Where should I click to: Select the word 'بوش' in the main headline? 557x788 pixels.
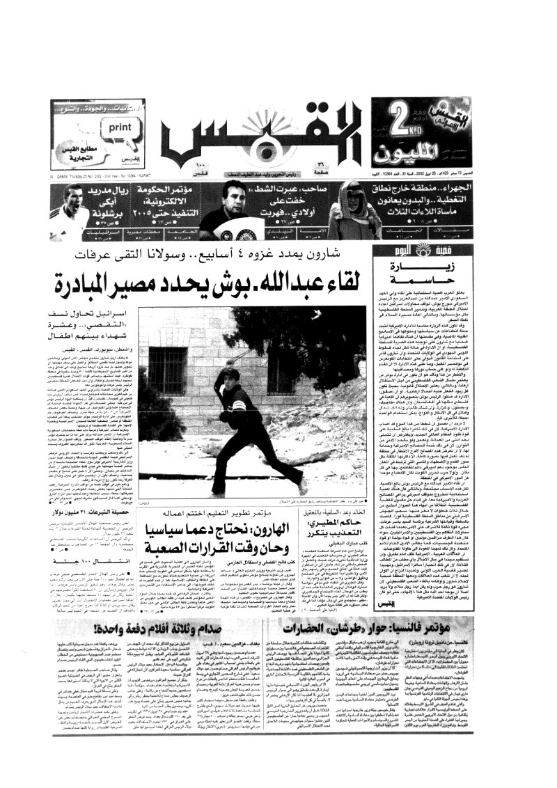[x=278, y=283]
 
